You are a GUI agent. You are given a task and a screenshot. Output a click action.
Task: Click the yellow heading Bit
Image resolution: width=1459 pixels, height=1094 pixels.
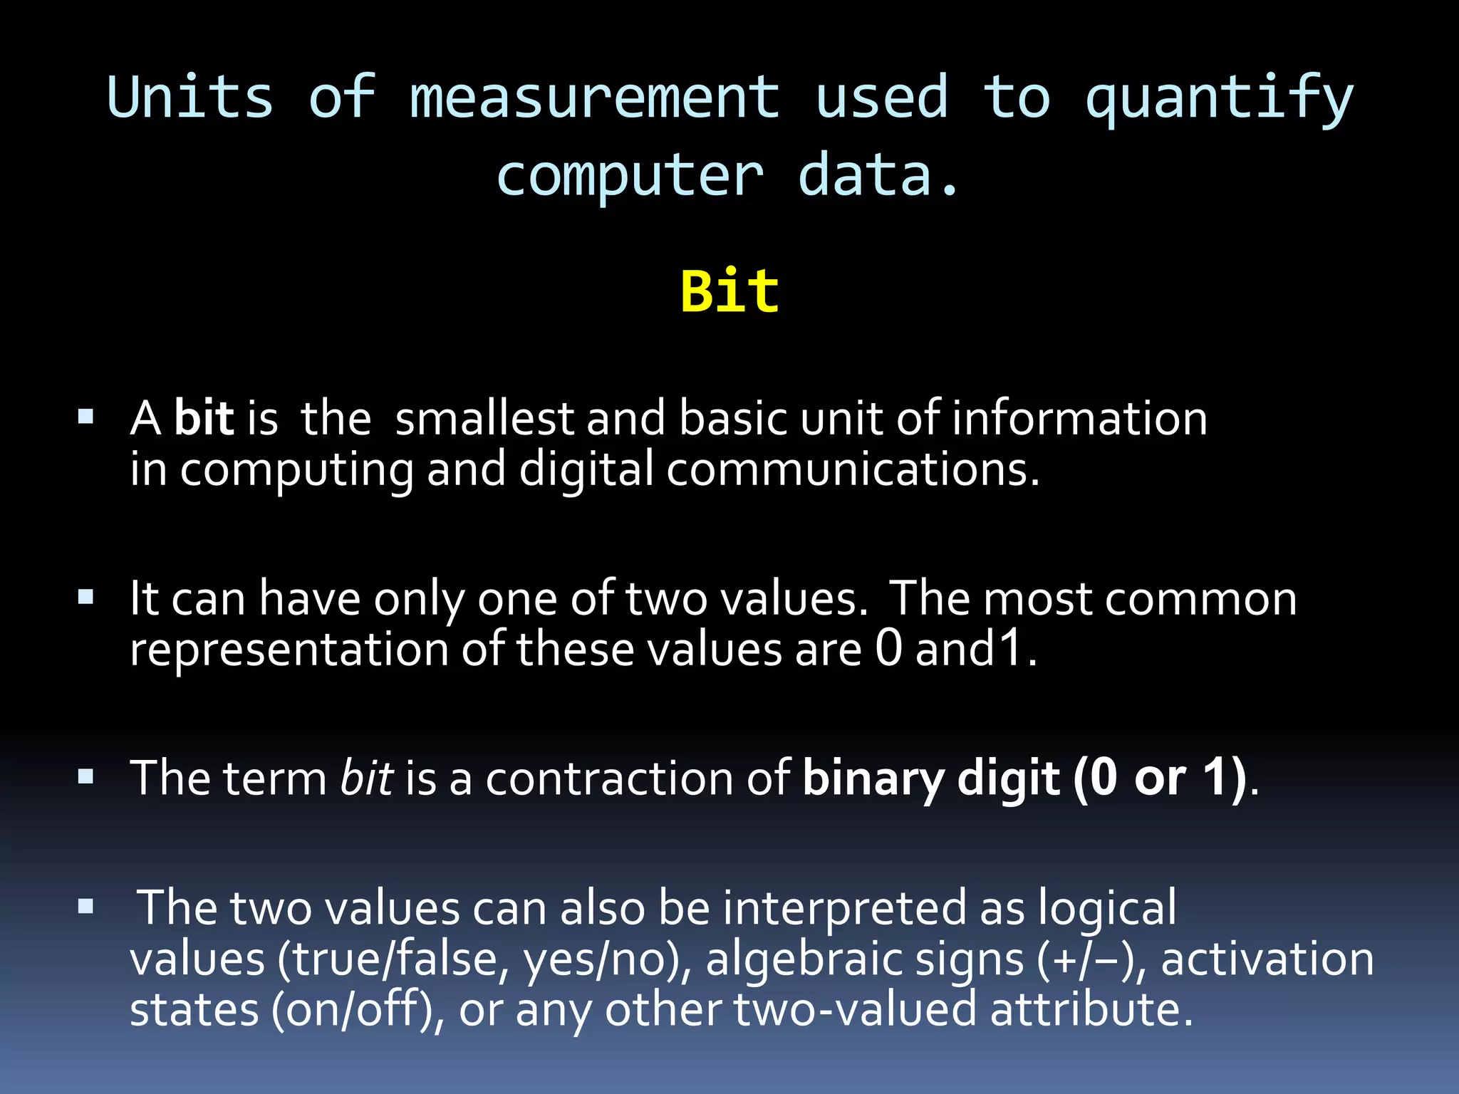pos(729,292)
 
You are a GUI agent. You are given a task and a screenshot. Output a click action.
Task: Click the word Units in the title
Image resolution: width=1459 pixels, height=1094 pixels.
pos(189,98)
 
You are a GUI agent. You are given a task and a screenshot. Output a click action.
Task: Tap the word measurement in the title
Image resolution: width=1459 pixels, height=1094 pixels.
pos(595,98)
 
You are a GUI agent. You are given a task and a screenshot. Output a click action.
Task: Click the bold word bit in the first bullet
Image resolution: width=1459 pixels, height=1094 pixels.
pos(204,418)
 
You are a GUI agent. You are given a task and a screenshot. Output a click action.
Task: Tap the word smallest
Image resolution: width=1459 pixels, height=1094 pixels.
pos(484,418)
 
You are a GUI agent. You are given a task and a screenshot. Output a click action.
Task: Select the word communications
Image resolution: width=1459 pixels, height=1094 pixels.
pos(853,470)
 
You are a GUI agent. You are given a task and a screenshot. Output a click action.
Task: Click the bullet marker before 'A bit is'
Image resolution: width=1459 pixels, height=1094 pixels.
pos(86,417)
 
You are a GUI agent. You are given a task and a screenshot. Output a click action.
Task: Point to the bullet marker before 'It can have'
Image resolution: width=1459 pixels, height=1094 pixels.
pos(86,597)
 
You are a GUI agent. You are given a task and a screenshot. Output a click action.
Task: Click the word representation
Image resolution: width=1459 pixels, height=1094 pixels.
pos(289,650)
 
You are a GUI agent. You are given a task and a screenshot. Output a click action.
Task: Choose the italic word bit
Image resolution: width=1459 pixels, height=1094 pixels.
pos(366,778)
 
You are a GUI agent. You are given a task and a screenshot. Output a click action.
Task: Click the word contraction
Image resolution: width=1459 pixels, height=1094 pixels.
pos(610,778)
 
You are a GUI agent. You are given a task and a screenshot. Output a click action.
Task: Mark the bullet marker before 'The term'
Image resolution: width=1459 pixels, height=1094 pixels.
pos(86,776)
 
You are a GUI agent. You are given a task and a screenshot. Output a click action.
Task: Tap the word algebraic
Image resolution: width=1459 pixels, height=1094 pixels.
pos(803,960)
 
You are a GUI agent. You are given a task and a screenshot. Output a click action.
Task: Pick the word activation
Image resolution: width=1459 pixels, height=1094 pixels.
pos(1267,960)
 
